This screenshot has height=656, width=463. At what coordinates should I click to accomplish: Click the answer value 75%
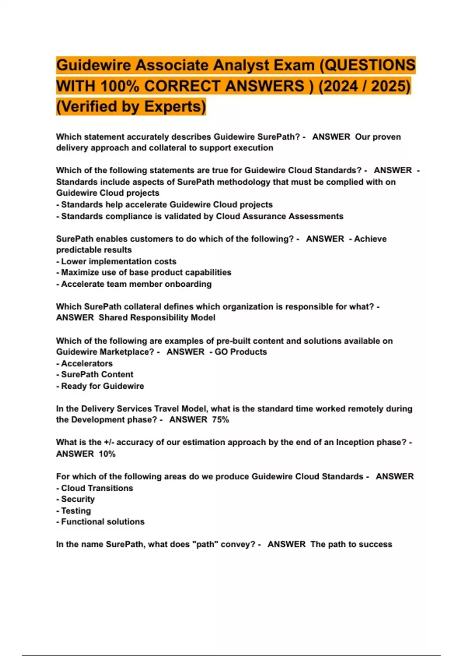click(x=220, y=420)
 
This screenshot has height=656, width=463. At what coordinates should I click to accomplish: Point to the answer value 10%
click(x=107, y=454)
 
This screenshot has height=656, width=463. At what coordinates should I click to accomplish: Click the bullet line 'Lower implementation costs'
click(x=118, y=261)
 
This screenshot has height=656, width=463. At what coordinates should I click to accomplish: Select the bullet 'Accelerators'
click(x=87, y=364)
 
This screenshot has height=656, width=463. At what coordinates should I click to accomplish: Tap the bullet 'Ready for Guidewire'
click(x=102, y=386)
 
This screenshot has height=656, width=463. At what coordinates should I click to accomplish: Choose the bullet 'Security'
click(x=78, y=499)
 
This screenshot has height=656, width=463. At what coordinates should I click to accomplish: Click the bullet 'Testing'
click(x=76, y=511)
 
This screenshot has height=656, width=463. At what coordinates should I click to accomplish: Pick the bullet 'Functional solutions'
click(x=103, y=522)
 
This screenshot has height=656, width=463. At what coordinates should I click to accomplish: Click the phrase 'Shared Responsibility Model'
click(x=157, y=318)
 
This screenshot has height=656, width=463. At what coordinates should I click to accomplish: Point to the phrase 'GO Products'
click(x=241, y=352)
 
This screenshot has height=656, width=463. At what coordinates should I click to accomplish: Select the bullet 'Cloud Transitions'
click(x=97, y=488)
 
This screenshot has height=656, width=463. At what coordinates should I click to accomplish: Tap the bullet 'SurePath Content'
click(x=97, y=374)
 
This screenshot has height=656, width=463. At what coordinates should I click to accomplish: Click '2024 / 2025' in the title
click(x=365, y=86)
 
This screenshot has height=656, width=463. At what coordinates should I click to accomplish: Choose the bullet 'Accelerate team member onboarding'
click(x=136, y=284)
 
